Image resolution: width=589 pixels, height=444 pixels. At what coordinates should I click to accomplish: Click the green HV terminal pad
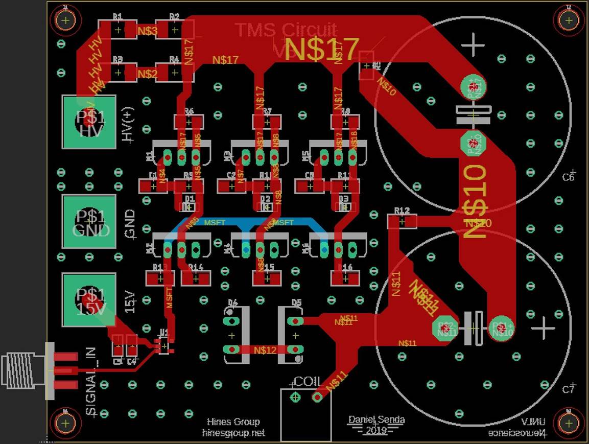[x=89, y=122]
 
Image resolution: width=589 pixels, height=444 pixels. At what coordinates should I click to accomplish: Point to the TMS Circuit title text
[x=286, y=30]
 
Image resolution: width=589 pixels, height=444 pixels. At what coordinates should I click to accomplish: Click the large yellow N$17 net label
[x=322, y=50]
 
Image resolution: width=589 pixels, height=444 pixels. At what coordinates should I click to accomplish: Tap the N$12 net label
[x=264, y=350]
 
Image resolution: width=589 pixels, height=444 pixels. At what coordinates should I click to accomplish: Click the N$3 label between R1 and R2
[x=147, y=31]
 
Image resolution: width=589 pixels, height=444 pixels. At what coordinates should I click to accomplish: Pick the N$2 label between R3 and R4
[x=147, y=74]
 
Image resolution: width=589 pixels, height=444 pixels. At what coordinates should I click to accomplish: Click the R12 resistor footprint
[x=402, y=221]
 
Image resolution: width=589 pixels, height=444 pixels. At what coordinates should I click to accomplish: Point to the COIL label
[x=308, y=382]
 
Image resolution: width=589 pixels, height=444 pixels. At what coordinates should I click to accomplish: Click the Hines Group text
[x=233, y=422]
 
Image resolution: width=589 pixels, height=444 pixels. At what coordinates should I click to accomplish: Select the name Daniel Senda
[x=376, y=420]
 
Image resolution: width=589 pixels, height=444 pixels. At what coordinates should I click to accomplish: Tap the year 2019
[x=376, y=431]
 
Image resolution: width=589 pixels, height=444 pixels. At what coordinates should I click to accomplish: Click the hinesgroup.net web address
[x=233, y=433]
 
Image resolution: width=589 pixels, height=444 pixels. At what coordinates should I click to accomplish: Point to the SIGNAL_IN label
[x=91, y=381]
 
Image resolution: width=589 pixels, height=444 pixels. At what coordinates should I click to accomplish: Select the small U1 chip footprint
[x=163, y=346]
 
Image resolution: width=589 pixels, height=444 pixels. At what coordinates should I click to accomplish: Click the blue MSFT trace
[x=245, y=222]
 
